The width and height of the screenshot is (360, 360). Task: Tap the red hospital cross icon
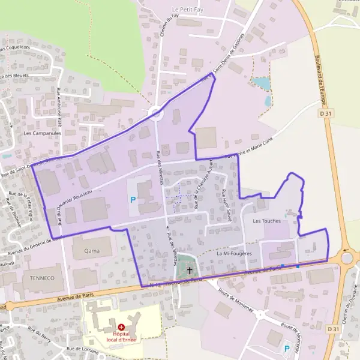click(121, 327)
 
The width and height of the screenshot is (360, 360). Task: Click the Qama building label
click(92, 250)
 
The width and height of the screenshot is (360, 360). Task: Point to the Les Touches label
click(267, 221)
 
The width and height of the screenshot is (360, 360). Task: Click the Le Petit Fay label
click(188, 10)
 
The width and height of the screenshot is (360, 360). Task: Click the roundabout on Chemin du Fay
click(156, 113)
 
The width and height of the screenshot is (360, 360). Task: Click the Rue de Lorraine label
click(82, 349)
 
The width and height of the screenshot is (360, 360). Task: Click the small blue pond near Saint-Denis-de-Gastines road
click(262, 83)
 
